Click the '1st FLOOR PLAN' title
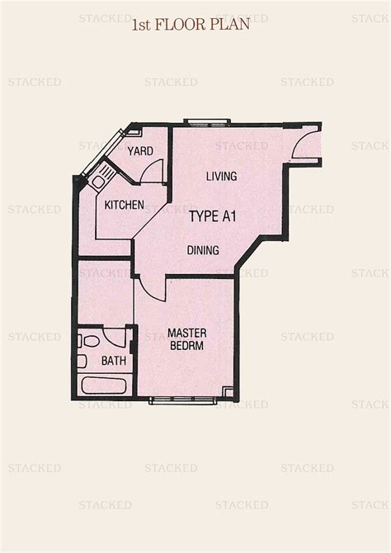coord(190,25)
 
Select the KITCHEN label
coord(125,205)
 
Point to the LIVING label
coord(221,176)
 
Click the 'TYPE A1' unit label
coord(214,217)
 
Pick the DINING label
coord(203,250)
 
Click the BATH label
coord(113,361)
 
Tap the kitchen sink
coord(97,180)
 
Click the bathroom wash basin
coord(82,361)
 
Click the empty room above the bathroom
coord(105,293)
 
